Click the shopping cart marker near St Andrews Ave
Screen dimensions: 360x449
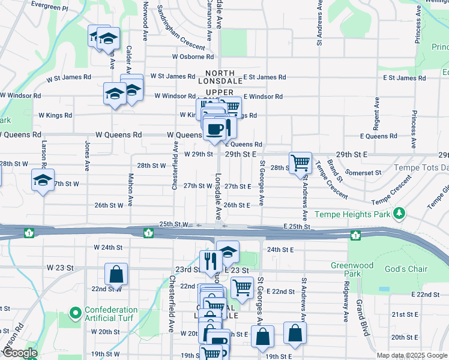tap(300, 161)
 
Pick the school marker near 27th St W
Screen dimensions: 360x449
tap(43, 181)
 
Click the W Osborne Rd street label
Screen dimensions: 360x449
tap(193, 57)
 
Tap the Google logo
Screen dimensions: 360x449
tap(20, 353)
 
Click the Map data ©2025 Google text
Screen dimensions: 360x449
tap(411, 355)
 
